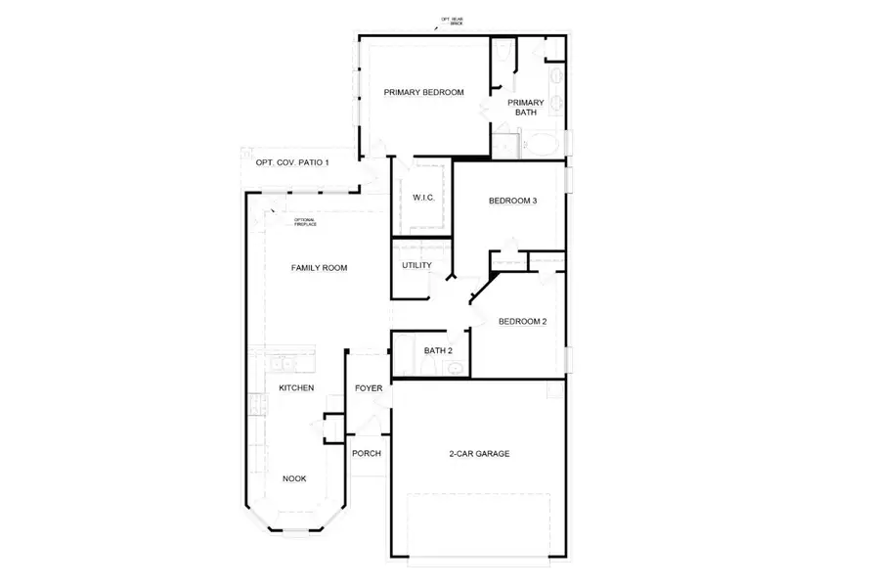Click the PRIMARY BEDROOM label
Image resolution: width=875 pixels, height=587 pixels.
pos(423,93)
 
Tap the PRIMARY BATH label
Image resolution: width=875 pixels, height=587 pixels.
pos(526,107)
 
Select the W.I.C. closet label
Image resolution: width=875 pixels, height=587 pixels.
pos(423,198)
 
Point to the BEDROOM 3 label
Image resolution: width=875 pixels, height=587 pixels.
pos(513,202)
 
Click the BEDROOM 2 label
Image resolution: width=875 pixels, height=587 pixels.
pos(522,322)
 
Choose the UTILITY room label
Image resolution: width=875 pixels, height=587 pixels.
pos(417,265)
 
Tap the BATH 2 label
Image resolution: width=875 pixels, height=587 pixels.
pos(438,350)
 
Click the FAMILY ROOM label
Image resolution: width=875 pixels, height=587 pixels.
pos(320,267)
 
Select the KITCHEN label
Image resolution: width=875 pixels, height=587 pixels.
pos(296,388)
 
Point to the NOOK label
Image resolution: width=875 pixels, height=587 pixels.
pos(294,478)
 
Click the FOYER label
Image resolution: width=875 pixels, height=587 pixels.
pos(369,388)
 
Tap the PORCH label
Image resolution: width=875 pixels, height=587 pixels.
pos(367,453)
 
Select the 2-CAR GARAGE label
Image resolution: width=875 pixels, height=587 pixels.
pos(480,454)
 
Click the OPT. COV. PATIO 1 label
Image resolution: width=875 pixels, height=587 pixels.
pos(292,162)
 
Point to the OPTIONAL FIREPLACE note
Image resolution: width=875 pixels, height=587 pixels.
pos(305,223)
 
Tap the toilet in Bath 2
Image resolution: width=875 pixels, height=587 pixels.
pos(456,368)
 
